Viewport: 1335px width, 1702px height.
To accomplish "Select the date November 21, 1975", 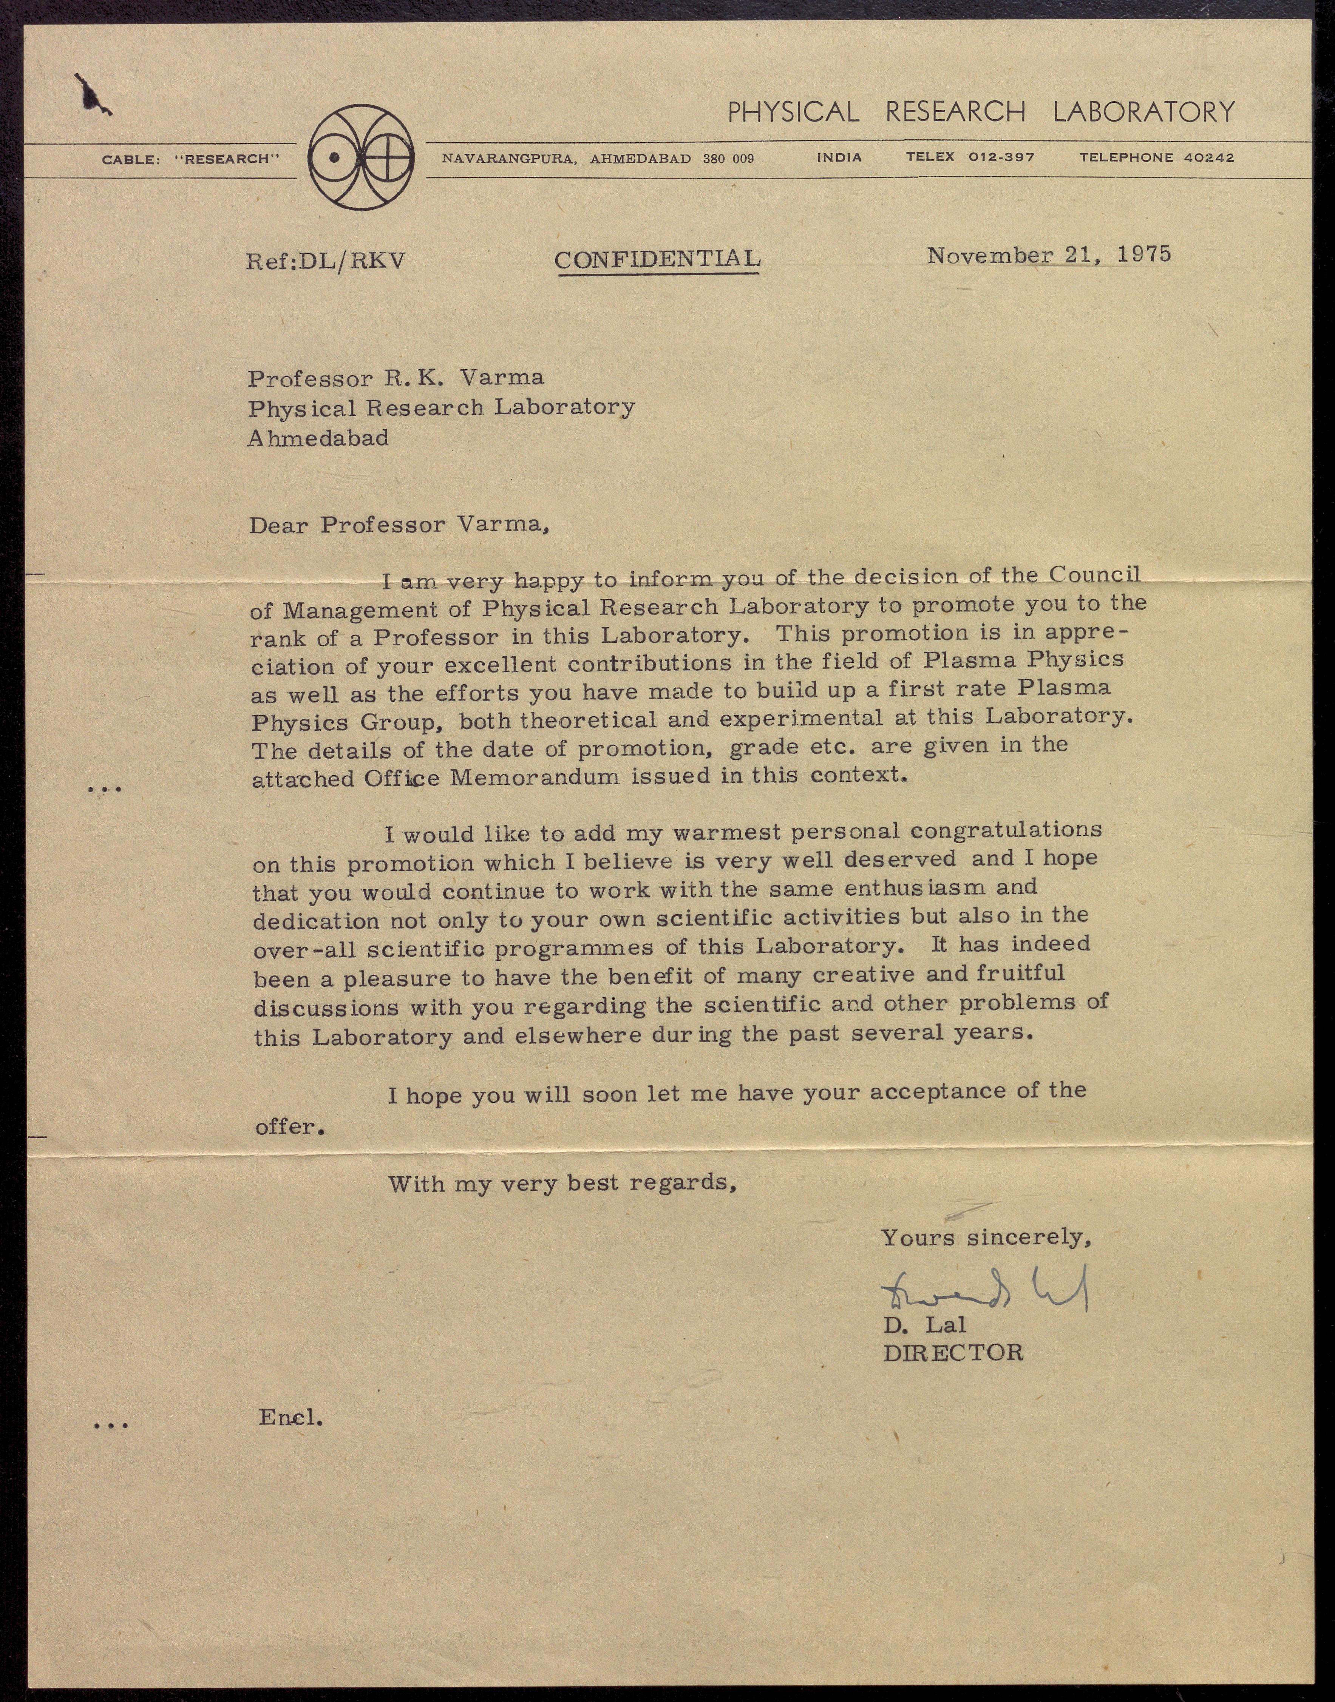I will coord(1049,255).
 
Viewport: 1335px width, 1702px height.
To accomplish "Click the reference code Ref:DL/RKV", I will coord(326,260).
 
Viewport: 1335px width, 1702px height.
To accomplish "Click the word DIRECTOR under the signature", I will coord(952,1353).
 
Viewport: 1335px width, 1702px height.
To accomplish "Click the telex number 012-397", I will coord(1001,157).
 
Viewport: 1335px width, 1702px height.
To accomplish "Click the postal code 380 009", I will coord(728,159).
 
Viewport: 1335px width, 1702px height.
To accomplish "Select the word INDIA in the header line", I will coord(839,157).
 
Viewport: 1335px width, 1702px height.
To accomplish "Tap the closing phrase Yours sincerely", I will coord(986,1237).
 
